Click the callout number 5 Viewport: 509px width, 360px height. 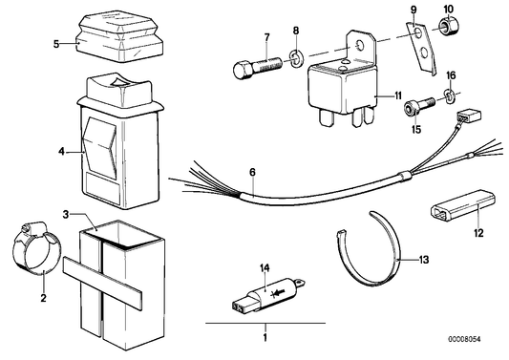coord(56,44)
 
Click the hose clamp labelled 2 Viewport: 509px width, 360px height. coord(36,248)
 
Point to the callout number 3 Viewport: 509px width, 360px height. coord(66,215)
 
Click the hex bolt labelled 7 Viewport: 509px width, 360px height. coord(258,68)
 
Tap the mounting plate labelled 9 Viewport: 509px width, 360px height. coord(421,49)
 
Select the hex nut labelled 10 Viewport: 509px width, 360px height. coord(450,27)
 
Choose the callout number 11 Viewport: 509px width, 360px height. coord(398,95)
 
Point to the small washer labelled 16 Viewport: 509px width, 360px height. coord(450,95)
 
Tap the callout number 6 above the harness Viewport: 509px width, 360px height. coord(252,172)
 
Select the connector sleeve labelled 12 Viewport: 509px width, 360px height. coord(463,206)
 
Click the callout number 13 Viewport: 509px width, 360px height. coord(424,260)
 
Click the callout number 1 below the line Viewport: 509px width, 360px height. coord(265,337)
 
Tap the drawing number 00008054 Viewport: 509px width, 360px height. coord(464,339)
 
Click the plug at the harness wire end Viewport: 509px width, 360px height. coord(469,116)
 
